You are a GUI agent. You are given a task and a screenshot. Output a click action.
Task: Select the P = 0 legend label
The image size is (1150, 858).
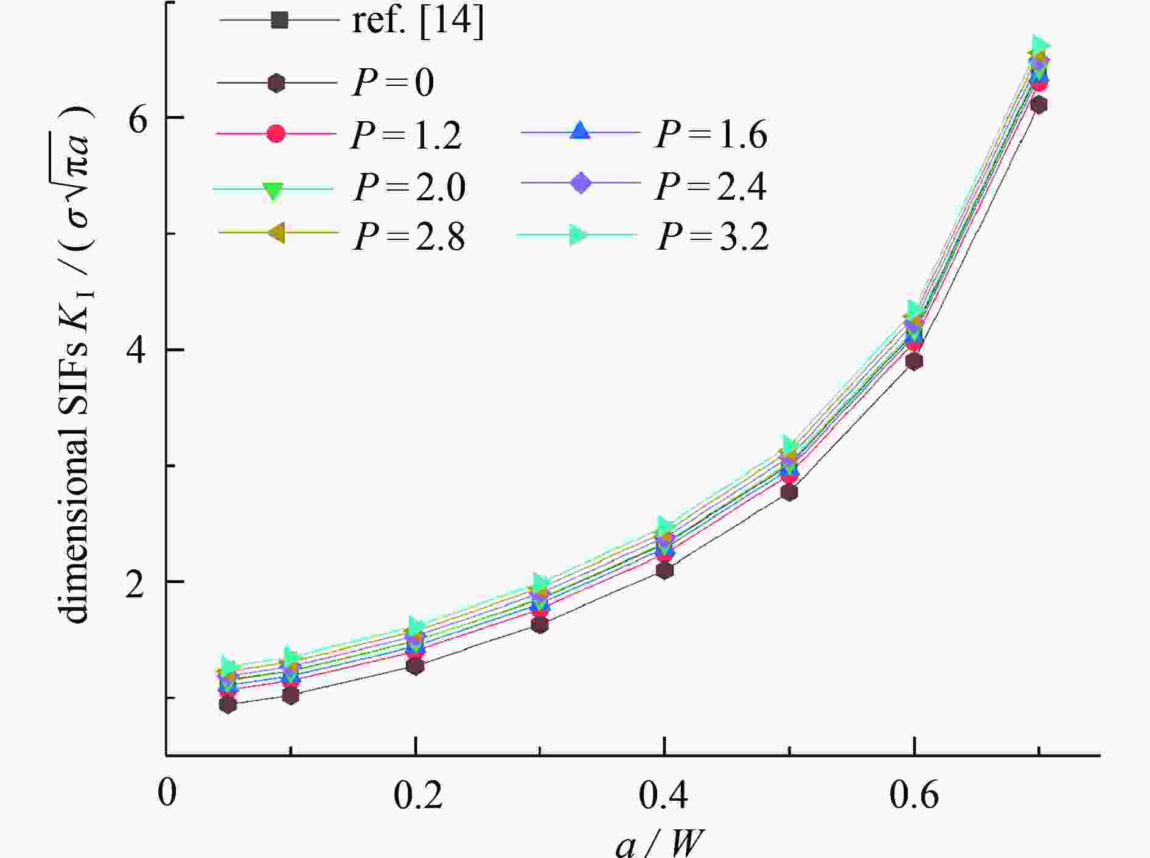point(394,83)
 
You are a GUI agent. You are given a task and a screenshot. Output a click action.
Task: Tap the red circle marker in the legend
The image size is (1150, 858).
point(276,133)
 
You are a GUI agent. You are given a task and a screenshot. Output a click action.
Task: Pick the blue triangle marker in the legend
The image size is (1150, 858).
point(580,132)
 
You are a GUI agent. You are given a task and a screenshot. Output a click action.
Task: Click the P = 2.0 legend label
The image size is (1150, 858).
point(409,187)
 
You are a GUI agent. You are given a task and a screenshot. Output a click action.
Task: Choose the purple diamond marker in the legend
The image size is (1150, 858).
point(580,183)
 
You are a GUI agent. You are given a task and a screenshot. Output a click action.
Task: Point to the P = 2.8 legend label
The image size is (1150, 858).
point(409,236)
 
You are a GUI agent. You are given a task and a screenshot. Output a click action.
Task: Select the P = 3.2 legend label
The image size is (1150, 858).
point(713,236)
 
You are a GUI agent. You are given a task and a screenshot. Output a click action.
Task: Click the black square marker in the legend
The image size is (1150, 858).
point(279,20)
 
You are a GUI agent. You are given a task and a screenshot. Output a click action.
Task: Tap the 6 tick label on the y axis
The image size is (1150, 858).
point(139,118)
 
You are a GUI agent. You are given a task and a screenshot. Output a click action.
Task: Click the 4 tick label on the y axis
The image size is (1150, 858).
point(139,350)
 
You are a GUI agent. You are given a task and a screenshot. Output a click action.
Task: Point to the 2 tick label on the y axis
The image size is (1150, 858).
point(139,582)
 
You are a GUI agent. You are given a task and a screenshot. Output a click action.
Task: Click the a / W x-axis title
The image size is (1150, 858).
point(660,844)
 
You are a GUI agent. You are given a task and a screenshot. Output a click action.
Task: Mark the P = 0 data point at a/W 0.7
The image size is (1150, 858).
point(1039,105)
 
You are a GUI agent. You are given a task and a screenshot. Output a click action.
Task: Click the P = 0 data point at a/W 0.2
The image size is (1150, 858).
point(415,666)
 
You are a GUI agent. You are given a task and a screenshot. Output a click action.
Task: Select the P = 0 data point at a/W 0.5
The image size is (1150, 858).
point(789,492)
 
